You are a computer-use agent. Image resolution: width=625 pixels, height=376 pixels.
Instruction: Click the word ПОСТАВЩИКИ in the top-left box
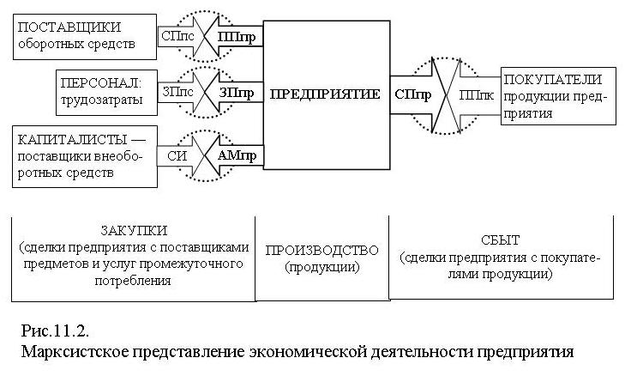coord(69,27)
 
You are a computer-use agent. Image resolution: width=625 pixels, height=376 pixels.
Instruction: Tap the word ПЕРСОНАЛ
coord(101,83)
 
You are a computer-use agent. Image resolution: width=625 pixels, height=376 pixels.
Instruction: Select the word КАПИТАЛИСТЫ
coord(72,140)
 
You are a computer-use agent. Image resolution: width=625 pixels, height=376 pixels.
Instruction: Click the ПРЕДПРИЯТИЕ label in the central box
coord(325,94)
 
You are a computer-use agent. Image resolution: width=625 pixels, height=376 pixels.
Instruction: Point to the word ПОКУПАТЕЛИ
coord(552,80)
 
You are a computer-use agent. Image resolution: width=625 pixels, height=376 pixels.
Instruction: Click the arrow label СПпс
coord(177,36)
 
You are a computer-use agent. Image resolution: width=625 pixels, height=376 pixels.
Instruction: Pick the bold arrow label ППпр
coord(237,37)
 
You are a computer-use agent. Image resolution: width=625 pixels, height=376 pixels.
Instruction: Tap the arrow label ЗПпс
coord(177,92)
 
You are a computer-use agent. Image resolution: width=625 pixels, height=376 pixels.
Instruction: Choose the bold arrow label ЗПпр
coord(237,93)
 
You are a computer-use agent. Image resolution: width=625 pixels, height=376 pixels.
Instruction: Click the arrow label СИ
coord(177,155)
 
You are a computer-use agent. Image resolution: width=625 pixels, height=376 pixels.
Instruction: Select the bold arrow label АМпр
coord(237,155)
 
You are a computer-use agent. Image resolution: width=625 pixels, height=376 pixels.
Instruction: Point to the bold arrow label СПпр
coord(413,94)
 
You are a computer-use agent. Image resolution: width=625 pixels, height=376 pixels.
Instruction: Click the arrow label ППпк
coord(477,95)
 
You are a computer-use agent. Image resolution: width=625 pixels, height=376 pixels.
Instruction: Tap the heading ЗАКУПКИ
coord(134,231)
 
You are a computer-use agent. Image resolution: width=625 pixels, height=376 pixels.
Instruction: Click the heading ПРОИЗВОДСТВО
coord(322,251)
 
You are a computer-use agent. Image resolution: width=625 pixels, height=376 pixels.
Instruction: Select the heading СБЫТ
coord(500,240)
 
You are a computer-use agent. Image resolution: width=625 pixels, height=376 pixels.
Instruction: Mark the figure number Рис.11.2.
coord(55,331)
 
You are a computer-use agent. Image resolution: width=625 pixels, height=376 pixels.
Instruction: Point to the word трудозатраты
coord(102,100)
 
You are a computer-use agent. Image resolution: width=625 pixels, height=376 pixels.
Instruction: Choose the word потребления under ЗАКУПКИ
coord(133,281)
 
